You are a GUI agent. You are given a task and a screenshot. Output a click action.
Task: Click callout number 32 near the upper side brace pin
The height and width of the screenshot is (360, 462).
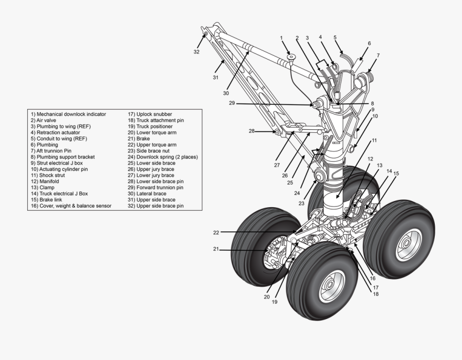pos(197,52)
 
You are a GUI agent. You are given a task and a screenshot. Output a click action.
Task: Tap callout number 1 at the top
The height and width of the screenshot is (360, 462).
pos(281,38)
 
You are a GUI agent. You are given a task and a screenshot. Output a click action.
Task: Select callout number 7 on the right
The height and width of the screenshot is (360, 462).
pos(378,55)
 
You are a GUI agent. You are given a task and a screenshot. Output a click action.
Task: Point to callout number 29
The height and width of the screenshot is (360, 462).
pos(232,103)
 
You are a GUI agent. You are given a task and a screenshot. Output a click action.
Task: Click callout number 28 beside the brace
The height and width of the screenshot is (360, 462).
pos(252,131)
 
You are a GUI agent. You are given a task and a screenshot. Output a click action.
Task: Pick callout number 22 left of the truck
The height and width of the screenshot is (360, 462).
pos(216,233)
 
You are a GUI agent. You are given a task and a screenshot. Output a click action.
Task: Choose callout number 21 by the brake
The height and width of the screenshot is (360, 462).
pos(216,249)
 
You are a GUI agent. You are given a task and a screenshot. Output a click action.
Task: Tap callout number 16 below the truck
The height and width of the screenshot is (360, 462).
pos(373,278)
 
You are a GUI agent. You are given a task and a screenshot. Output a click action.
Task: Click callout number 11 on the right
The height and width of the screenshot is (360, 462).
pos(374,140)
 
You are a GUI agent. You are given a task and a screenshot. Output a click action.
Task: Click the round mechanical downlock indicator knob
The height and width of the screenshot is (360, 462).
pos(291,57)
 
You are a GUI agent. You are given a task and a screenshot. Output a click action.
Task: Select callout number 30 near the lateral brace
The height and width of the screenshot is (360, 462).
pos(226,93)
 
